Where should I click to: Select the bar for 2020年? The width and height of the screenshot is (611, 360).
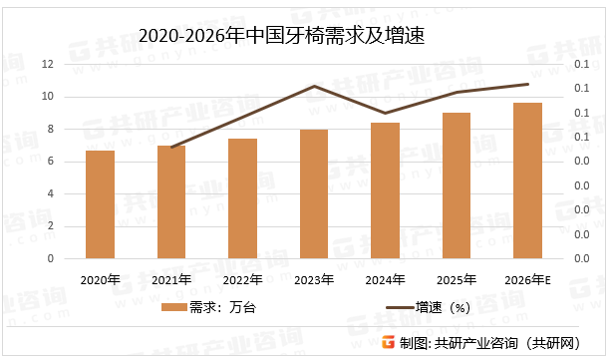tap(101, 203)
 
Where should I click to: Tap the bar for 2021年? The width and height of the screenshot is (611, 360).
tap(171, 201)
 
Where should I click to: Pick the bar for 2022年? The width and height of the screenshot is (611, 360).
tap(242, 198)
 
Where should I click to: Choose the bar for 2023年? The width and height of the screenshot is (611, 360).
tap(314, 193)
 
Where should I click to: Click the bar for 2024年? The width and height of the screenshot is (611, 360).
tap(385, 190)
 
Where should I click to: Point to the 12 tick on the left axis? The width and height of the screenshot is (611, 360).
tap(48, 64)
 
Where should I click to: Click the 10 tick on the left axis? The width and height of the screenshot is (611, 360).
tap(48, 97)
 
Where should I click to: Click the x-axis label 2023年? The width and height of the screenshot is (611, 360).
tap(314, 280)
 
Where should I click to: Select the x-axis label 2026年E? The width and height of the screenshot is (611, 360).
tap(528, 280)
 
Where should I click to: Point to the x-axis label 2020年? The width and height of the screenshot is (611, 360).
tap(101, 280)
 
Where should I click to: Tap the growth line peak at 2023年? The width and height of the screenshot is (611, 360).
tap(314, 86)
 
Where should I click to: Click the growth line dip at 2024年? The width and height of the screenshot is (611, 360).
tap(385, 114)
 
